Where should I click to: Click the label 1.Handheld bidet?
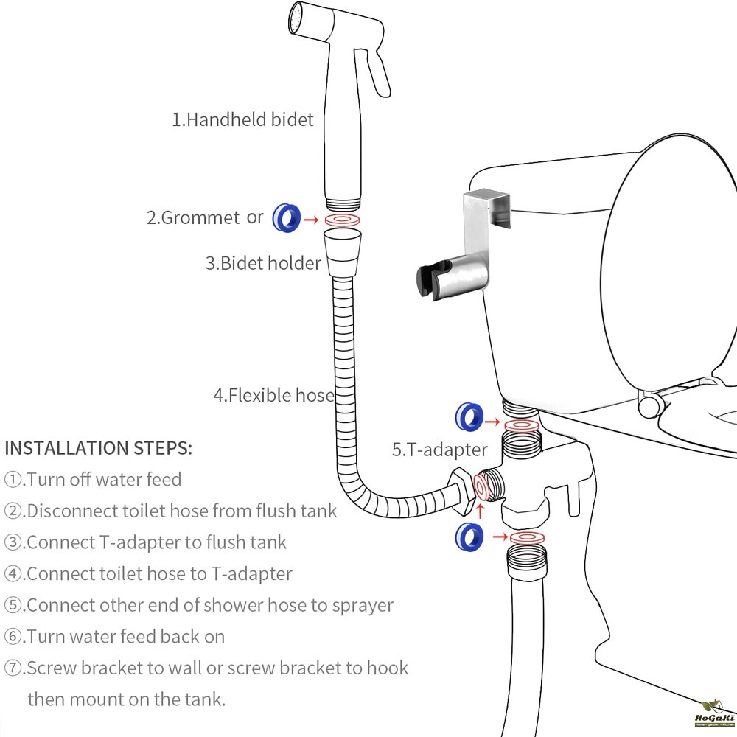coord(242,120)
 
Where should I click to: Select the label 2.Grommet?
coord(192,217)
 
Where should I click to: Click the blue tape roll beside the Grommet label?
coord(287,217)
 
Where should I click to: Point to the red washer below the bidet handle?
coord(343,220)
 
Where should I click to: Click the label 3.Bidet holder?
coord(263,263)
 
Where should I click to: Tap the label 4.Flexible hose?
coord(273,395)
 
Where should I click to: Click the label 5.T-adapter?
coord(439,449)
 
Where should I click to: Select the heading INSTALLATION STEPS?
coord(99,447)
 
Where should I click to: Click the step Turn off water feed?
coord(94,479)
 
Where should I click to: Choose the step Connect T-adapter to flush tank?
coord(146,542)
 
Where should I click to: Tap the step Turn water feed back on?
coord(115,636)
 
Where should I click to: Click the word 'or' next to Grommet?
coord(255,217)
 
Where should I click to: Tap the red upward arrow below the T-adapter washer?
coord(481,511)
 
